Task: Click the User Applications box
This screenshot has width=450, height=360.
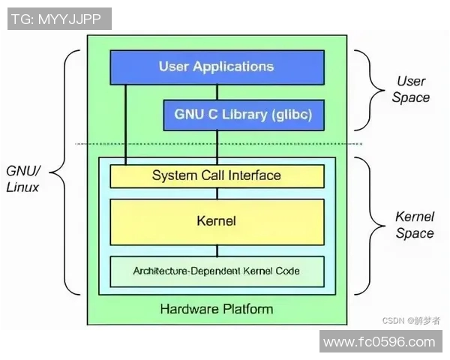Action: [217, 67]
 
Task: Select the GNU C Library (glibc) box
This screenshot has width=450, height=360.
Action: [243, 115]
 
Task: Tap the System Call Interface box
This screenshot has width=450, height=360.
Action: [217, 176]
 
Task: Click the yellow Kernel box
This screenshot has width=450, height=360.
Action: [217, 221]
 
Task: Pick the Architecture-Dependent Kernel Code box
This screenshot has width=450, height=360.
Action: [217, 270]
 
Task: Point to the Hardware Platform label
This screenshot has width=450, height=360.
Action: [217, 308]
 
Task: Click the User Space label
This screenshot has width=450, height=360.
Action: [410, 89]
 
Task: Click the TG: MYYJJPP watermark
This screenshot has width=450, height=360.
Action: [57, 19]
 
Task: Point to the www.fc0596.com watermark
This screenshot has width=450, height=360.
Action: [379, 342]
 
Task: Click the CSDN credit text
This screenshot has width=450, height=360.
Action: [411, 320]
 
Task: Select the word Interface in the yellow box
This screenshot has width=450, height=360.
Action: [253, 176]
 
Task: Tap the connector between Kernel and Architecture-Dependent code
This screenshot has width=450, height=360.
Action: [217, 250]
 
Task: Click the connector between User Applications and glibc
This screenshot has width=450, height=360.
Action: [217, 92]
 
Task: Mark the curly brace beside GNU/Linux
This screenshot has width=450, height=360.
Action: [72, 172]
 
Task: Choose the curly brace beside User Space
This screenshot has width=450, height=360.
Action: [364, 90]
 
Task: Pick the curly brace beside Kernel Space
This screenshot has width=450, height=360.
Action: [364, 225]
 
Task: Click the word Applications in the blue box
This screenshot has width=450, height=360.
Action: [233, 67]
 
